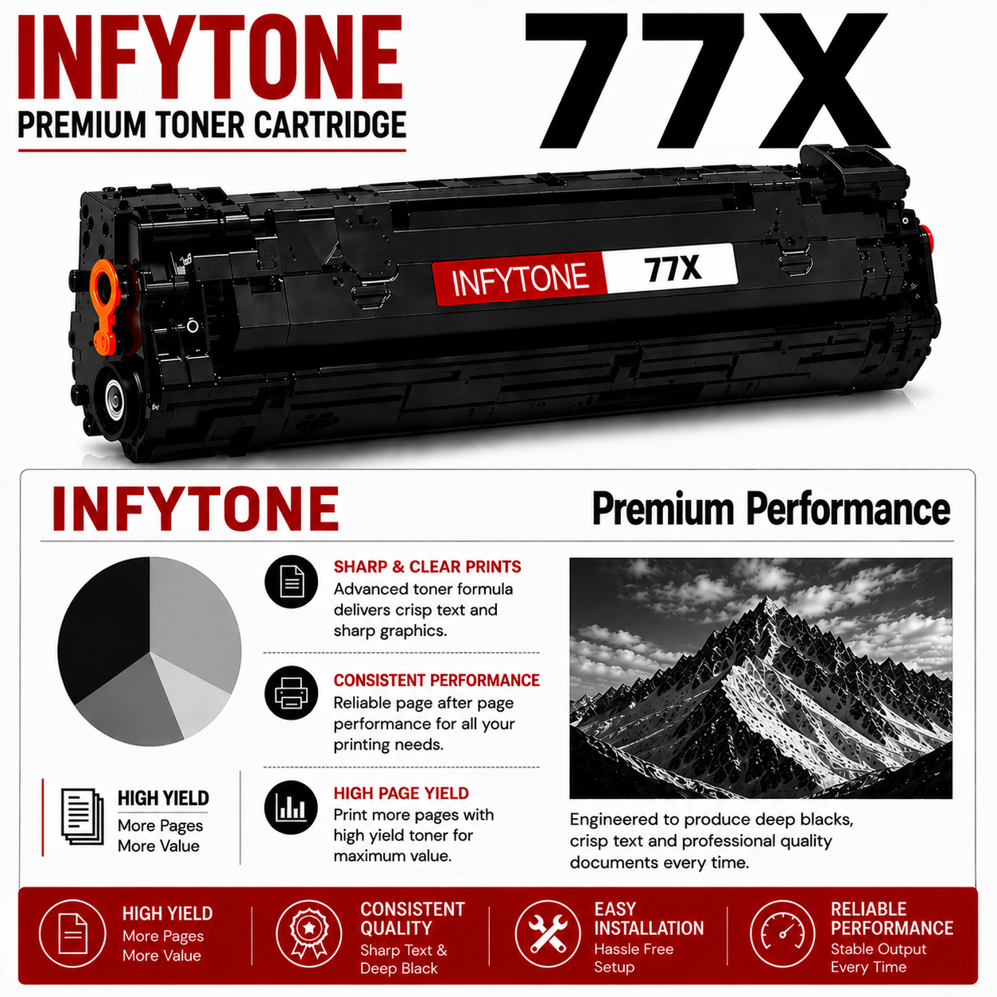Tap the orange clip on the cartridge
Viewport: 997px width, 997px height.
106,307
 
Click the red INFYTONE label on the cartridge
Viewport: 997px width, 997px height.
519,280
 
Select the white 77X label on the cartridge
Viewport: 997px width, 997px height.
672,269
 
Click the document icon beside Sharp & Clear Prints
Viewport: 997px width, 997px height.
291,582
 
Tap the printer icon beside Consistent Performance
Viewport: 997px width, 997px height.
291,693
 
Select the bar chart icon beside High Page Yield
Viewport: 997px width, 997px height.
291,808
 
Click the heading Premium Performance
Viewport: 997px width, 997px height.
771,509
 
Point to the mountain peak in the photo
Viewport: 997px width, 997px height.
766,600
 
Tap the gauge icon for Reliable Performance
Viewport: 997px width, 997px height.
783,933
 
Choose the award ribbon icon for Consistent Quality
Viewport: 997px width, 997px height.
308,933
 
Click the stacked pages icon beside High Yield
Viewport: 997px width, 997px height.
82,817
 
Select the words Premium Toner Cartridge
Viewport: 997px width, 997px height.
211,125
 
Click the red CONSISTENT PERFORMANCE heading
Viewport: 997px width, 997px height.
436,680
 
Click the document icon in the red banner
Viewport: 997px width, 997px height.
72,933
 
